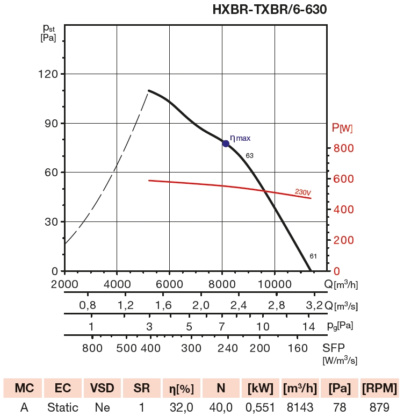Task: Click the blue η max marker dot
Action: click(226, 144)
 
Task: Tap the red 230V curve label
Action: click(303, 192)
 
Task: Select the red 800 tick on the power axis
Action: click(344, 148)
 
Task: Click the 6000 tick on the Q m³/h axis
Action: click(169, 284)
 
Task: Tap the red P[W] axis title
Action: click(342, 128)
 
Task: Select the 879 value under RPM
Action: click(380, 408)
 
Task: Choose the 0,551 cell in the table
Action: click(261, 408)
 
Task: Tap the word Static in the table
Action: click(62, 408)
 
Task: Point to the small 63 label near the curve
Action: click(249, 156)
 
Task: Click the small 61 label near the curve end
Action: click(313, 256)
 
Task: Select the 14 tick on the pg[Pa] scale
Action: click(308, 326)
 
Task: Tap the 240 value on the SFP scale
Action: click(228, 347)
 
